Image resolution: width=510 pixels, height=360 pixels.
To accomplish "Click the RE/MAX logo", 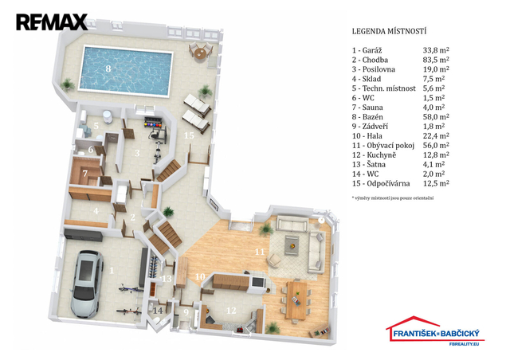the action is (x=52, y=22).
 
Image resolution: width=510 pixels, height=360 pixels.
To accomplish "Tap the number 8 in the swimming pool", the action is (x=108, y=68).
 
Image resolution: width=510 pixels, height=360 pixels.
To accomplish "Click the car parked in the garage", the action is (x=87, y=284).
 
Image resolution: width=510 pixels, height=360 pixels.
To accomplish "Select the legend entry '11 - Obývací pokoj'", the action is (x=383, y=146).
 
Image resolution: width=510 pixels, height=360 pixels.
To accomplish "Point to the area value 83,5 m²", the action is (x=436, y=60).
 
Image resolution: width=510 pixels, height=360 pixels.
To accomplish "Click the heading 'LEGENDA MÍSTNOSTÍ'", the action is (x=389, y=32).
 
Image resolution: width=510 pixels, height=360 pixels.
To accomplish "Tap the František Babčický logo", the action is (x=435, y=331).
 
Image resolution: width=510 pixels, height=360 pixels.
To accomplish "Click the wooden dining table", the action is (x=296, y=300).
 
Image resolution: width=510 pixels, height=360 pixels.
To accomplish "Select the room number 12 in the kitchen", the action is (x=231, y=311).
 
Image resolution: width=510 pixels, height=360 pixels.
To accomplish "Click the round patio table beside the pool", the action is (x=199, y=53).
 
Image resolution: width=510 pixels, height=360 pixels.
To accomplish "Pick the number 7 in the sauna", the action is (x=85, y=174).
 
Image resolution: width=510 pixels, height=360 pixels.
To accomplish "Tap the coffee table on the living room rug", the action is (x=292, y=245).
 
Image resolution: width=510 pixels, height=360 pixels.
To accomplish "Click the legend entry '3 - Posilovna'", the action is (x=374, y=69).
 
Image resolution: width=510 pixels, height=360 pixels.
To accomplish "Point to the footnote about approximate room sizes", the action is (x=393, y=198).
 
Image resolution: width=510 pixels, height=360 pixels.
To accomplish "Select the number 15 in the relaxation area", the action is (x=189, y=135).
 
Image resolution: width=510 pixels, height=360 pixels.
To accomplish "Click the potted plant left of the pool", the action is (x=67, y=84).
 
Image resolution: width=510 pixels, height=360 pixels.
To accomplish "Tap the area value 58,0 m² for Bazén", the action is (x=436, y=117).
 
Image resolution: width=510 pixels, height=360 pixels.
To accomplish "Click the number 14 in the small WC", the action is (x=158, y=311).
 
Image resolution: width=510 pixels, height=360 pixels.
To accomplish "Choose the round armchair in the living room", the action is (x=274, y=260).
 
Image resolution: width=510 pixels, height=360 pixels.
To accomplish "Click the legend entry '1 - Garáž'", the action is (x=367, y=50).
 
